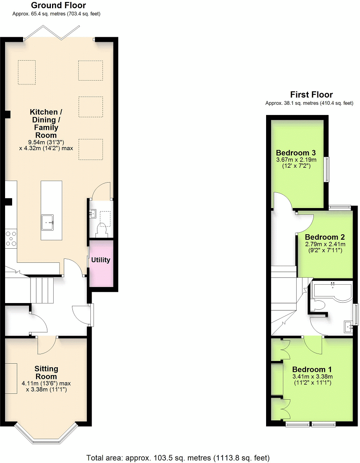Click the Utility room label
tap(101, 260)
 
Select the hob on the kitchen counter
tap(11, 239)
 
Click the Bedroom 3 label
tap(296, 153)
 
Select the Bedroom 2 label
tap(324, 237)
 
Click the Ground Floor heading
tap(58, 5)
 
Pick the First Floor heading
tap(311, 95)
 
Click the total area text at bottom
tap(178, 458)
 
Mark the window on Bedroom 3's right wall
tap(326, 169)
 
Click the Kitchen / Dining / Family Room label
tap(44, 124)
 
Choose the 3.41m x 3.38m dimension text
tap(313, 377)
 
